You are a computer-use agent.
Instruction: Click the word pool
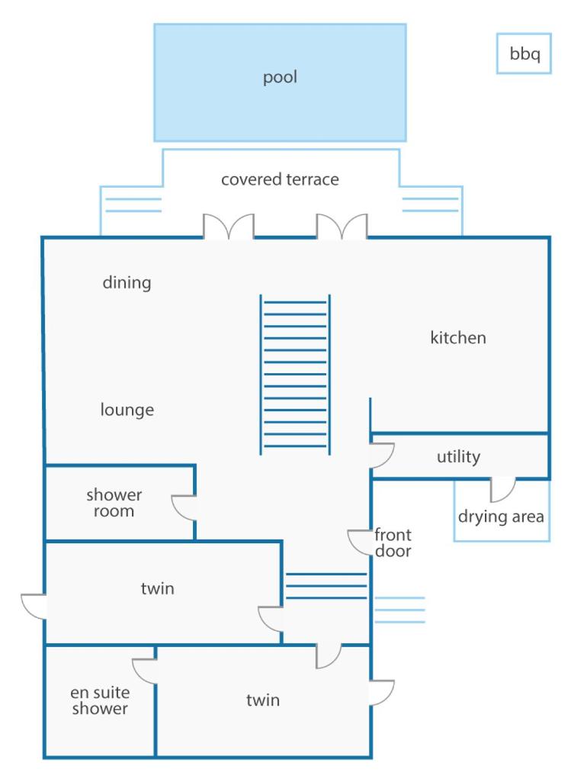pos(280,78)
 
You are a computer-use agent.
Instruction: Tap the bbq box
pos(524,53)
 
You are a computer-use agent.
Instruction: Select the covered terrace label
pos(280,179)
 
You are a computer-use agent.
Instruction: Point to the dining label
pos(127,282)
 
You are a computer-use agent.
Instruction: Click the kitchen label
pos(458,337)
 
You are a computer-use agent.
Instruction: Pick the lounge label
pos(127,410)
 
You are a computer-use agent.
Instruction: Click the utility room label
pos(458,456)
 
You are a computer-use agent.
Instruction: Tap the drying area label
pos(501,516)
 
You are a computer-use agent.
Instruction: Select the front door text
pos(393,543)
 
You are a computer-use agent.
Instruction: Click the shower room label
pos(114,502)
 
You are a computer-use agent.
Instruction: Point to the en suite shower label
pos(100,700)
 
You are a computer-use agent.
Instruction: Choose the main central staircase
pos(295,375)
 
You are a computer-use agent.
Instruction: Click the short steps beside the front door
pos(326,586)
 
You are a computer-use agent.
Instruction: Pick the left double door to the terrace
pos(229,226)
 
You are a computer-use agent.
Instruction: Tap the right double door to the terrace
pos(342,226)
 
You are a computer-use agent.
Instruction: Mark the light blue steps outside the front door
pos(399,610)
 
